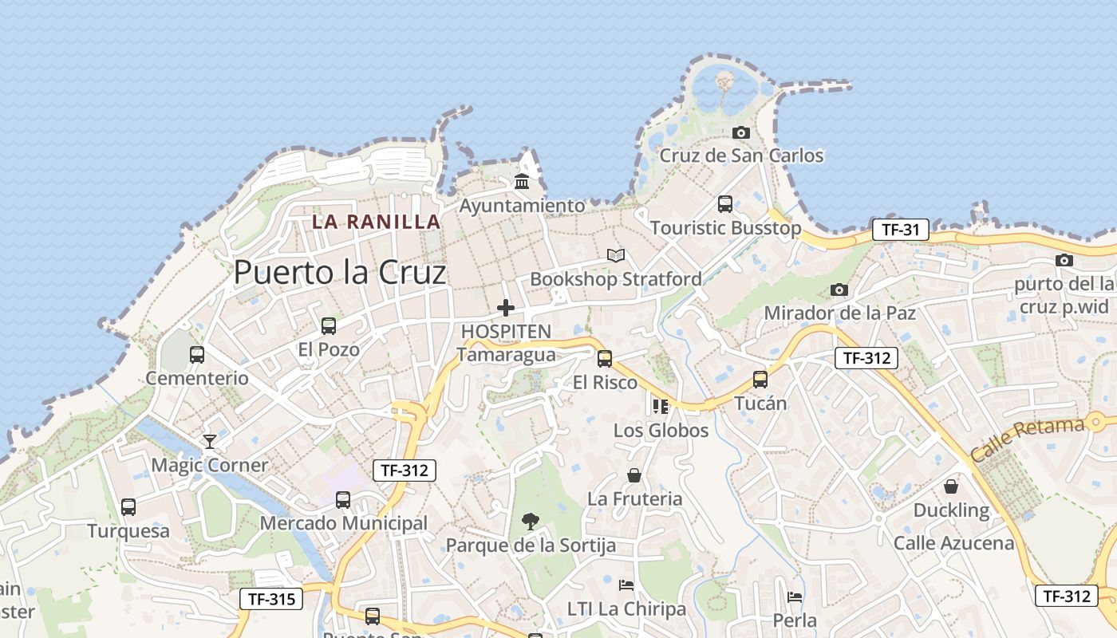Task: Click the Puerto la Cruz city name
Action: click(x=340, y=273)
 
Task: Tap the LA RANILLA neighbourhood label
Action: click(x=376, y=222)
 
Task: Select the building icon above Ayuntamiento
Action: click(x=523, y=182)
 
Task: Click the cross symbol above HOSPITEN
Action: click(x=506, y=308)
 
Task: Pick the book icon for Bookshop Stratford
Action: click(x=616, y=255)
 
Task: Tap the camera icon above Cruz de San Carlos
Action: click(x=741, y=132)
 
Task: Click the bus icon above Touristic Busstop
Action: click(x=725, y=204)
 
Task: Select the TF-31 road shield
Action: click(x=901, y=230)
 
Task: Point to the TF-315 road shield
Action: click(x=271, y=599)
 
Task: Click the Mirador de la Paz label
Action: click(x=839, y=313)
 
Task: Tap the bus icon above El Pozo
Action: click(x=329, y=325)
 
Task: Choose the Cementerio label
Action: click(x=197, y=378)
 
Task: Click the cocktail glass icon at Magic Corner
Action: click(x=210, y=440)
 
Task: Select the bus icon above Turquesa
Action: click(x=128, y=506)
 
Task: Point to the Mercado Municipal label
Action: click(x=344, y=523)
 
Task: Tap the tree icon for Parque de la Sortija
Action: click(x=531, y=522)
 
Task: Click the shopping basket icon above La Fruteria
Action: click(x=634, y=475)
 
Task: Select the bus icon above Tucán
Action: click(x=760, y=380)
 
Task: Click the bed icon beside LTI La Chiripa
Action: click(x=626, y=585)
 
